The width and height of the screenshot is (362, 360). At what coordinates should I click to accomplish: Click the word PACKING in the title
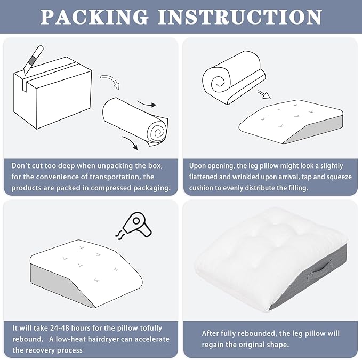(x=94, y=17)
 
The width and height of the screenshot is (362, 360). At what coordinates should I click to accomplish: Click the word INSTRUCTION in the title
(x=239, y=17)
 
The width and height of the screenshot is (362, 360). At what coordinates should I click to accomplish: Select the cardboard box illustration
(x=52, y=93)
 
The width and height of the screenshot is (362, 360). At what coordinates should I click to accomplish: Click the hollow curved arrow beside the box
(x=110, y=81)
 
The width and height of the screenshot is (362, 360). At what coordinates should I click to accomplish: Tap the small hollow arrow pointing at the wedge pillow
(x=264, y=94)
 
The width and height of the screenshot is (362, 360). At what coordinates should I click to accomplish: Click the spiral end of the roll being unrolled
(x=158, y=132)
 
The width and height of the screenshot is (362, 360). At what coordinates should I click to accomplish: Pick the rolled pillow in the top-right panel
(x=234, y=77)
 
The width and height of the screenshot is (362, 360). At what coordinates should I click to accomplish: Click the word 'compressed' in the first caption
(x=112, y=188)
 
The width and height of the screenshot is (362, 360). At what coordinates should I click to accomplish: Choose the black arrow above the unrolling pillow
(x=147, y=103)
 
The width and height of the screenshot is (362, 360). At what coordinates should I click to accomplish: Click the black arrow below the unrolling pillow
(x=130, y=142)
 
